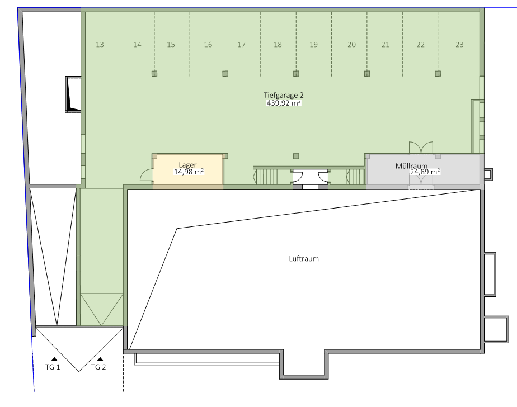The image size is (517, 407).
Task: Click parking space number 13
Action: (100, 45)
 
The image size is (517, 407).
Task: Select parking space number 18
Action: (278, 45)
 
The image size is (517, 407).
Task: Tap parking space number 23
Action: (459, 45)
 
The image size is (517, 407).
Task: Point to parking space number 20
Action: (351, 45)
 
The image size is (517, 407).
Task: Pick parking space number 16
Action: (208, 45)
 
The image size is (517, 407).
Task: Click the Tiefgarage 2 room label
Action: (284, 95)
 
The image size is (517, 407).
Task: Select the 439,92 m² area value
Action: (284, 103)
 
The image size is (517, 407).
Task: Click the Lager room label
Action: (187, 165)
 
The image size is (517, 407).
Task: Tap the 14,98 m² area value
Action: (189, 172)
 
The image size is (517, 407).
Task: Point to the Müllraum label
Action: (411, 166)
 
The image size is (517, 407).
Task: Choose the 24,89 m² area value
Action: (425, 172)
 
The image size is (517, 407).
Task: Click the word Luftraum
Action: (304, 259)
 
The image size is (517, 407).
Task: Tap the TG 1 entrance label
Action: (53, 367)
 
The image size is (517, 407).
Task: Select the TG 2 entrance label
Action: (98, 367)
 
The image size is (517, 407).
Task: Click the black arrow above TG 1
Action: (54, 359)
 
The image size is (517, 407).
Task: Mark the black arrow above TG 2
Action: (100, 359)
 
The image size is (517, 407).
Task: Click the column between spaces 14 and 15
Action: (154, 73)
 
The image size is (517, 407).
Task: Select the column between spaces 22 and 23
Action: (438, 73)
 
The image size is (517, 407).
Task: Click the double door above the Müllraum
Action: (421, 147)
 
